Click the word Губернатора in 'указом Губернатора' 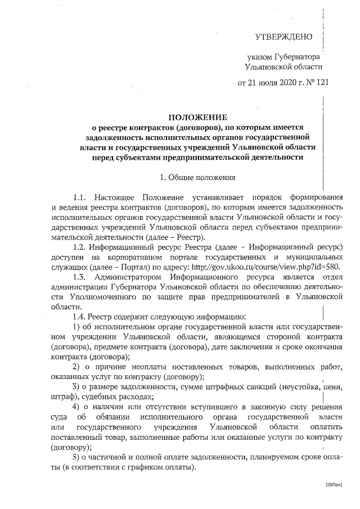point(298,57)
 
